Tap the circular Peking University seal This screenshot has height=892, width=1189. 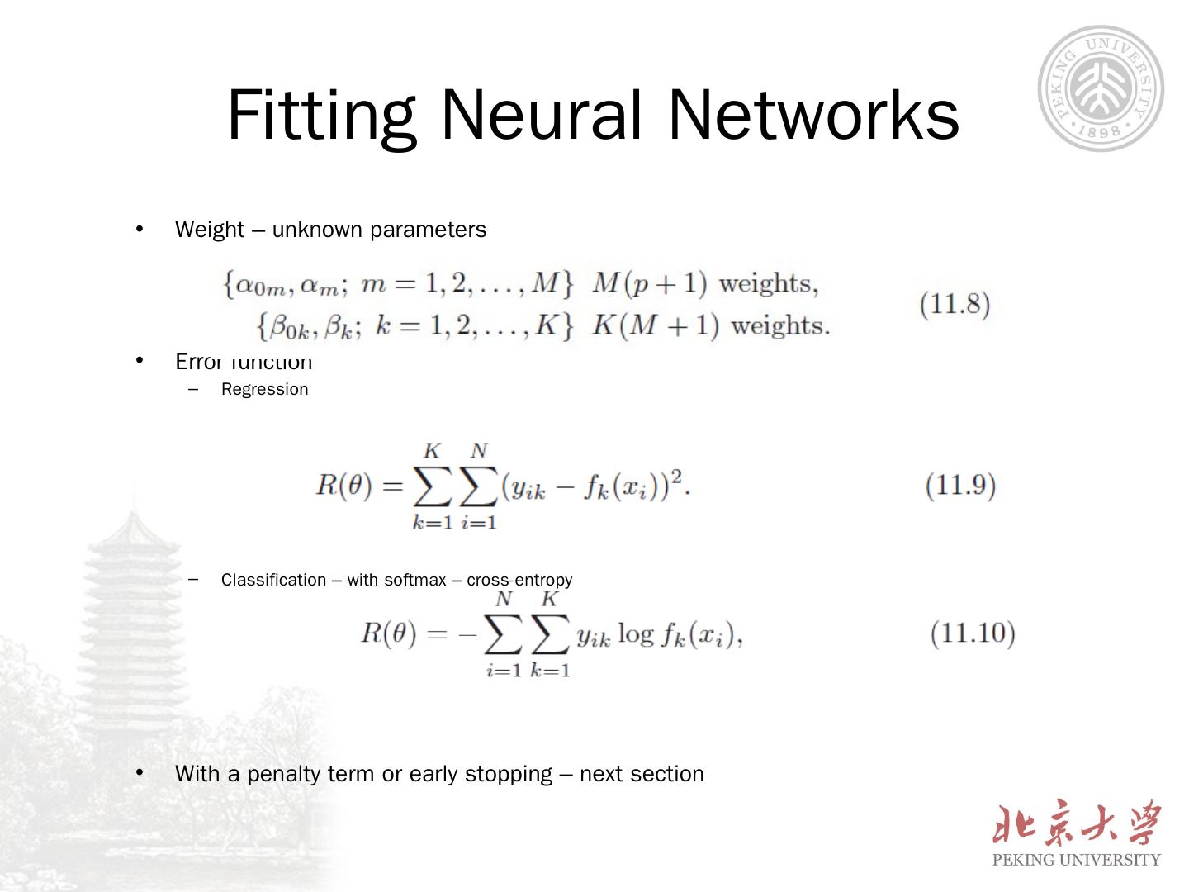pyautogui.click(x=1100, y=88)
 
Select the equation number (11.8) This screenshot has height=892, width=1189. pyautogui.click(x=955, y=304)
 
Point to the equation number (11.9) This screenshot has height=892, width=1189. pyautogui.click(x=960, y=485)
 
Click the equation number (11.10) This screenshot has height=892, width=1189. pyautogui.click(x=973, y=633)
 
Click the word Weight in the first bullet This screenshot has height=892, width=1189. pyautogui.click(x=210, y=230)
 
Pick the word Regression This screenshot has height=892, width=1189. pyautogui.click(x=264, y=389)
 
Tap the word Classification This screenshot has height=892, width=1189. pyautogui.click(x=273, y=580)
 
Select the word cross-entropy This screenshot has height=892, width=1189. pyautogui.click(x=519, y=580)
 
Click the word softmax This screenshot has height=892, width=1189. pyautogui.click(x=414, y=580)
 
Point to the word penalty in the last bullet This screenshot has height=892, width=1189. pyautogui.click(x=283, y=774)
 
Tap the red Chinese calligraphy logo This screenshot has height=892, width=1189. pyautogui.click(x=1077, y=823)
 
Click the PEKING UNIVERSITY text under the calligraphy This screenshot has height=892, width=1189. pyautogui.click(x=1076, y=860)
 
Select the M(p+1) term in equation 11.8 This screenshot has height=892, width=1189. pyautogui.click(x=650, y=284)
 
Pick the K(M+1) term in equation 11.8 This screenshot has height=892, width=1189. pyautogui.click(x=656, y=325)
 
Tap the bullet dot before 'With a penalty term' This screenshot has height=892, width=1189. pyautogui.click(x=140, y=773)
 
